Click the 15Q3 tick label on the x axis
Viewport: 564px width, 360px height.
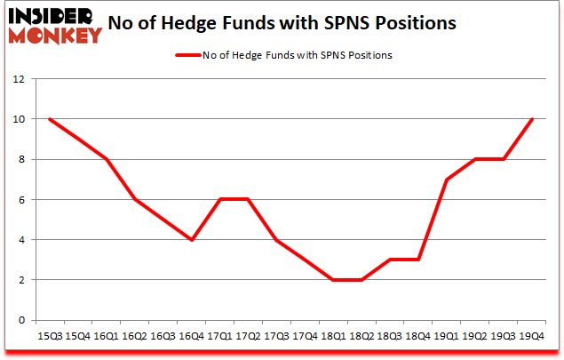pos(49,335)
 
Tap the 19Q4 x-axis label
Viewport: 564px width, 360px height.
pos(532,335)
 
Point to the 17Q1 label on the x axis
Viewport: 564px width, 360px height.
pos(219,335)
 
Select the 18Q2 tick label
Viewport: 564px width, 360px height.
pos(361,335)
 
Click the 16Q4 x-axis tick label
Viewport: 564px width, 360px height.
pos(191,335)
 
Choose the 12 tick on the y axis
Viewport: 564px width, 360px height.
pos(17,79)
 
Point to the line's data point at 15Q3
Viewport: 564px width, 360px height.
pos(49,119)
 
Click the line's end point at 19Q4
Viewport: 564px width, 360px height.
pos(532,119)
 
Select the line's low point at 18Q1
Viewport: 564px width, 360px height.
pos(333,280)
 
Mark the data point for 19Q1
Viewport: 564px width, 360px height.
pos(447,180)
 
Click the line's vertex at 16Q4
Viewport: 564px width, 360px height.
pos(191,240)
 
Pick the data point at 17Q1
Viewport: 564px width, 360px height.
pos(219,199)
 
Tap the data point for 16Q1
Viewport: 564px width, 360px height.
pos(106,159)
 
